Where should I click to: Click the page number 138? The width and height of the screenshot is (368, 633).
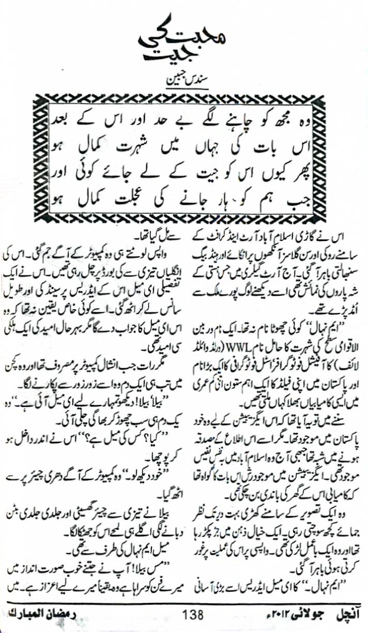tap(193, 616)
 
